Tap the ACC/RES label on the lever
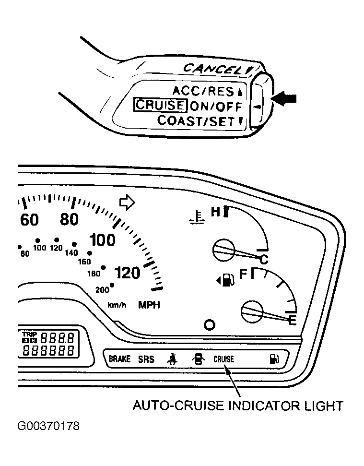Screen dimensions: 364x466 pos(204,91)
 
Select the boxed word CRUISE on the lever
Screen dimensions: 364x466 pos(160,105)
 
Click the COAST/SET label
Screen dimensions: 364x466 pos(196,120)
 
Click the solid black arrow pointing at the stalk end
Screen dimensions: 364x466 pos(284,99)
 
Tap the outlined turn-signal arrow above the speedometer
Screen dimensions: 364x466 pos(127,203)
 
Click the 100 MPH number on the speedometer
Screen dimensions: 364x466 pos(102,240)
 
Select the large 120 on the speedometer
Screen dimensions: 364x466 pos(128,273)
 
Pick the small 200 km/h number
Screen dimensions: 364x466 pos(102,289)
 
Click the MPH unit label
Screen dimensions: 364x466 pos(149,305)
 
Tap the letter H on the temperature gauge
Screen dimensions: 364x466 pos(216,212)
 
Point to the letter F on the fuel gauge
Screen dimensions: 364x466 pos(244,274)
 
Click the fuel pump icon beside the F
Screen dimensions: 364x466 pos(226,280)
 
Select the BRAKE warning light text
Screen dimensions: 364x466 pos(119,359)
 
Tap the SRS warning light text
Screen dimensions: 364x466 pos(146,359)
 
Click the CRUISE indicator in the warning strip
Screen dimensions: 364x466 pos(224,359)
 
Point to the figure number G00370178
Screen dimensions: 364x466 pos(48,426)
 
